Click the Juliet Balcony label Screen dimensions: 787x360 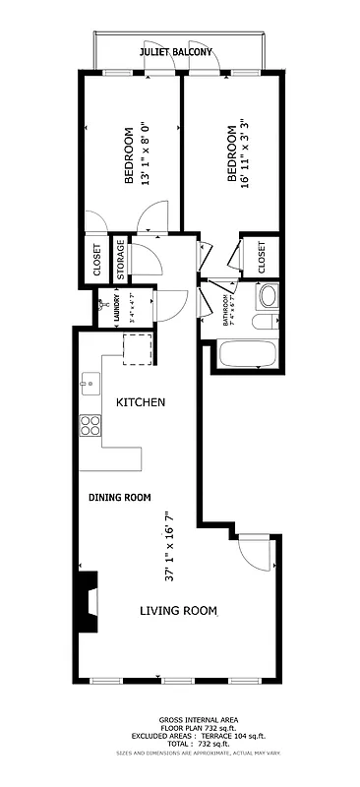tap(176, 51)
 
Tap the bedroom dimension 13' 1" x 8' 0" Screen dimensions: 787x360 tap(145, 153)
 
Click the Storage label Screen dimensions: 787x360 tap(120, 259)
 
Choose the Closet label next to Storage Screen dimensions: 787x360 tap(96, 259)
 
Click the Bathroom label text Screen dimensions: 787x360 tap(226, 310)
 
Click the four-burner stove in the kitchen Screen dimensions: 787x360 tap(91, 425)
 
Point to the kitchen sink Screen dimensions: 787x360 tap(90, 382)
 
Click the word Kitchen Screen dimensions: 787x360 tap(141, 402)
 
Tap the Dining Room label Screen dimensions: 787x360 tap(119, 497)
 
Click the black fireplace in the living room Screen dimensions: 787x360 tap(90, 601)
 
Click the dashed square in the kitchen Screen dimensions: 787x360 tap(139, 348)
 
